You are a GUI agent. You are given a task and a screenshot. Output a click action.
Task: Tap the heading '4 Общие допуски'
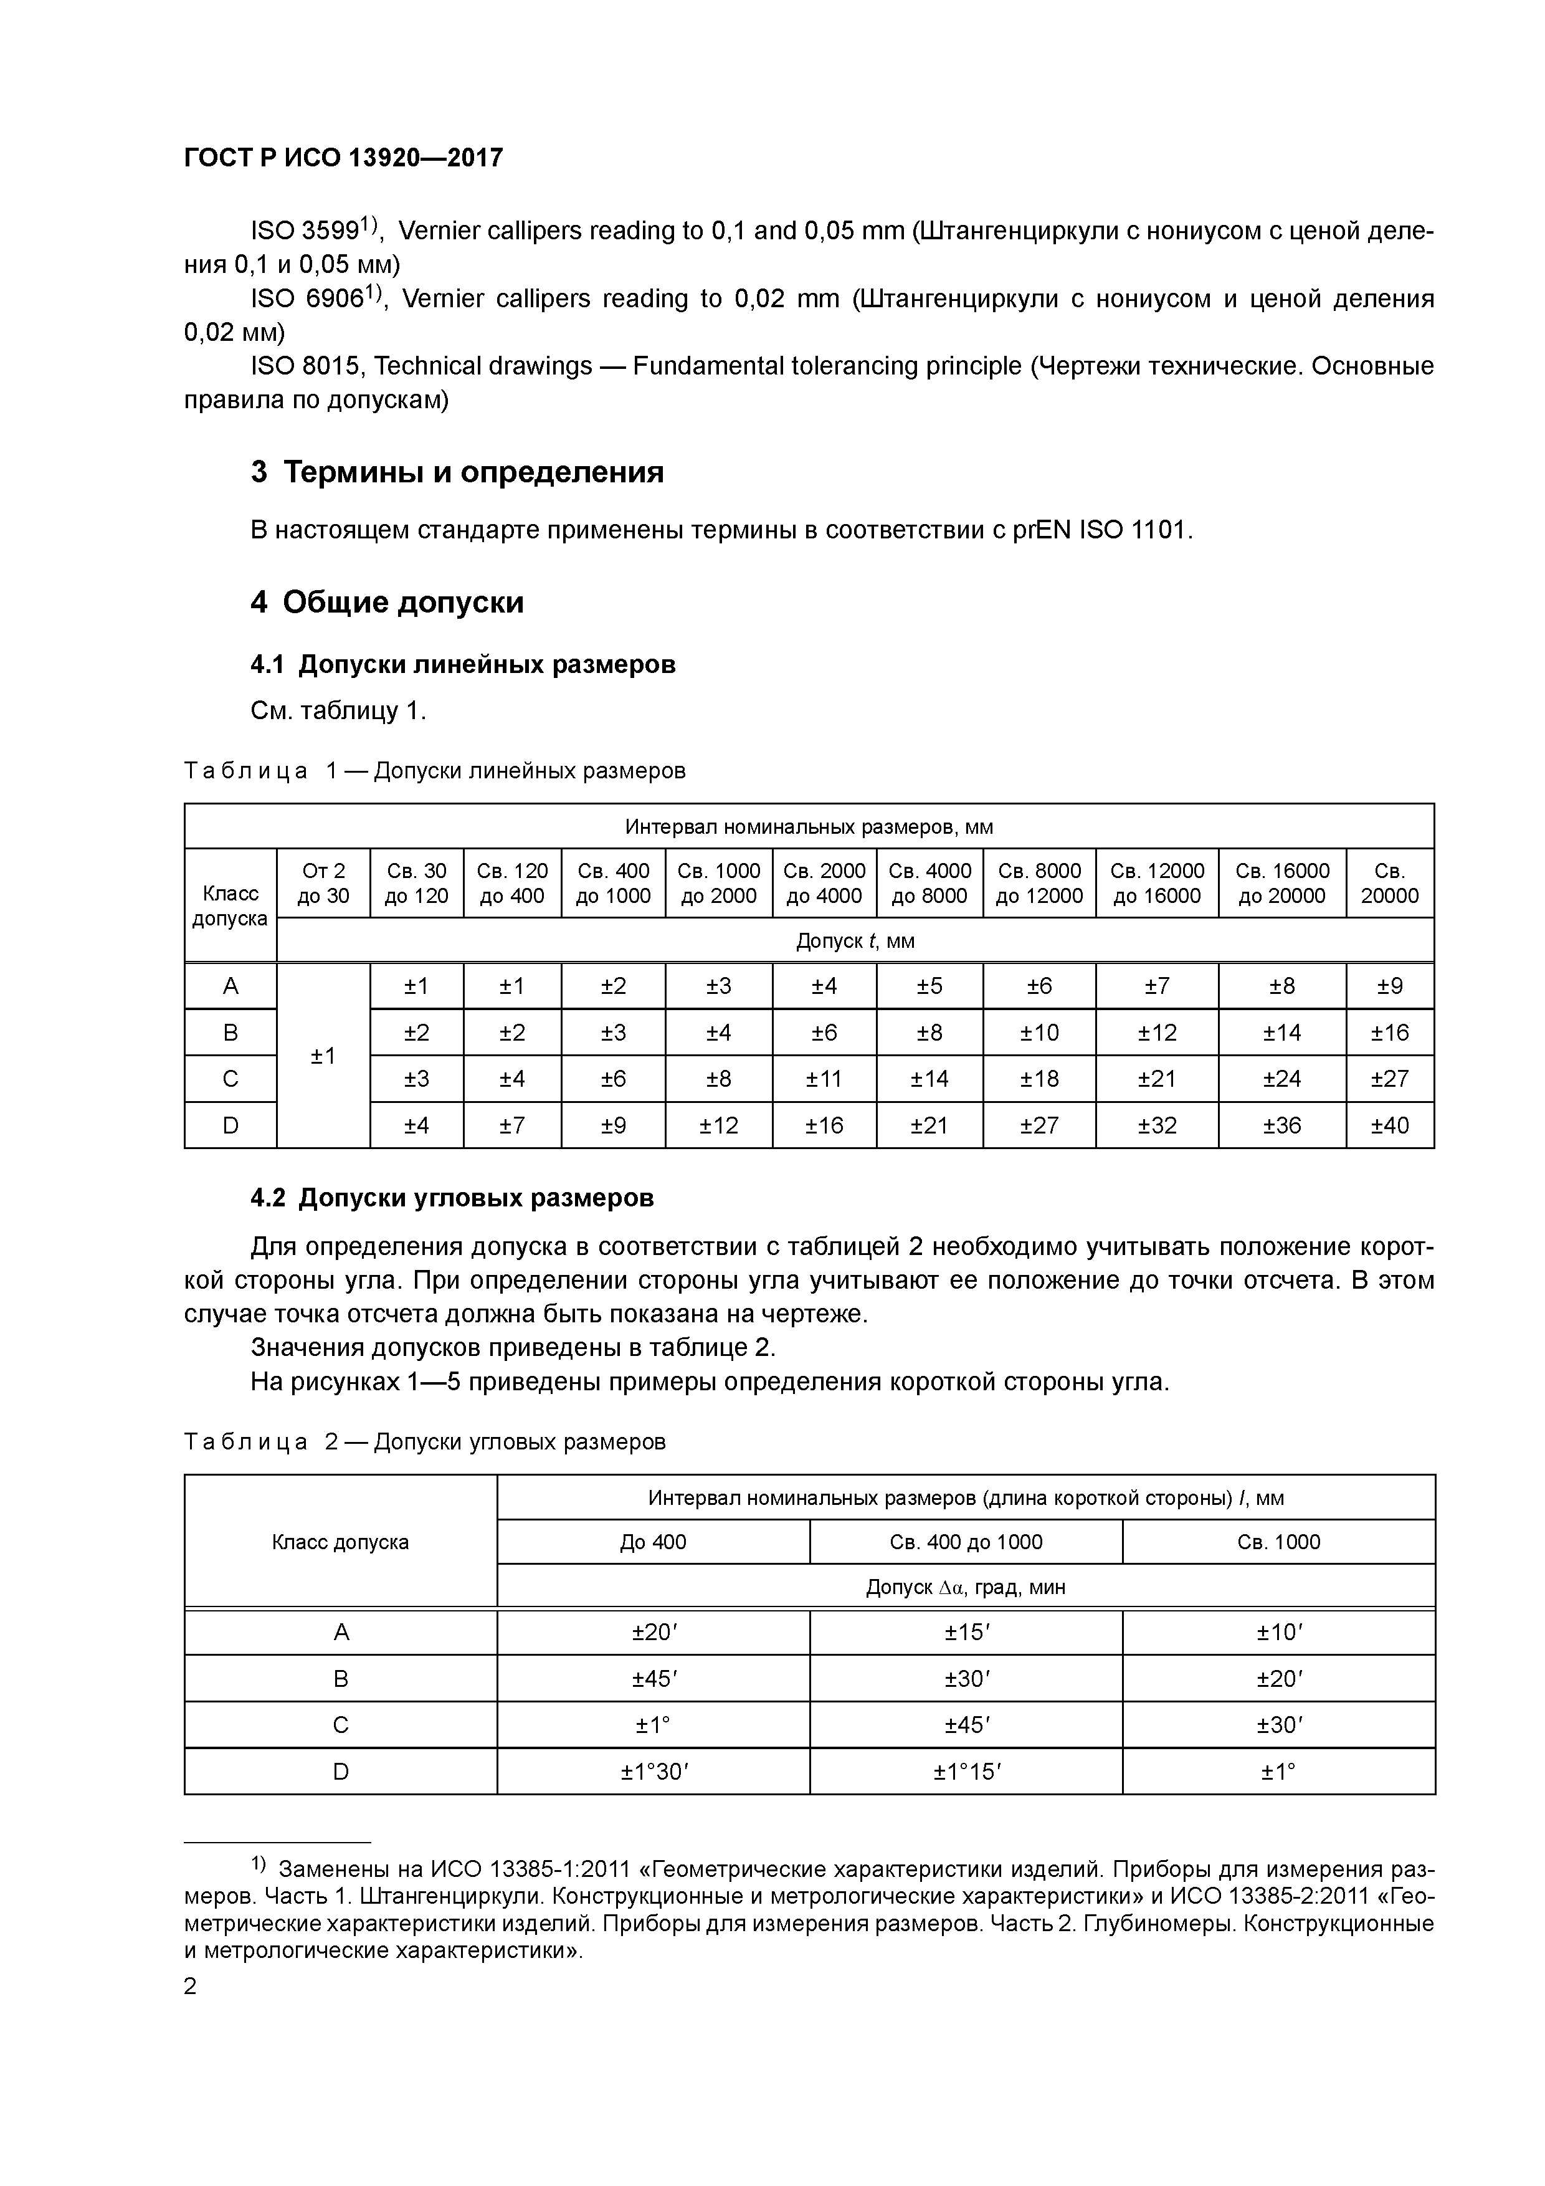[x=387, y=603]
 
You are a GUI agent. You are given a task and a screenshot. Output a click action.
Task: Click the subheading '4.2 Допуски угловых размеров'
[x=452, y=1198]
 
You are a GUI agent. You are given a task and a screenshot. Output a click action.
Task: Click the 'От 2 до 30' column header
[x=324, y=884]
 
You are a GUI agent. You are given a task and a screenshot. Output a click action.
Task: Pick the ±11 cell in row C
[x=824, y=1079]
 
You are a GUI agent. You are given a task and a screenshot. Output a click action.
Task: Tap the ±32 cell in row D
[x=1157, y=1125]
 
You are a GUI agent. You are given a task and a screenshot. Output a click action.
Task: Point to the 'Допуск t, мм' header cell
[x=855, y=942]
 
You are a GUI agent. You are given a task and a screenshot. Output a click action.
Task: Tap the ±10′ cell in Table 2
[x=1278, y=1632]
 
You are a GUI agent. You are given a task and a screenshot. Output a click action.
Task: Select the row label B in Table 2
[x=341, y=1679]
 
